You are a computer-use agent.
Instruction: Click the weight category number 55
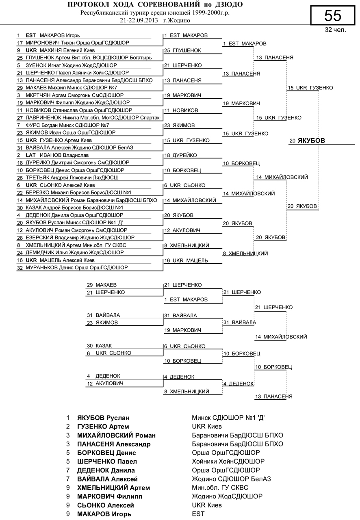click(x=333, y=15)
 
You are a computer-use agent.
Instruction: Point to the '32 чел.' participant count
click(x=335, y=30)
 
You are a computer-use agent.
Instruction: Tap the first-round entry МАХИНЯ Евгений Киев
click(x=60, y=50)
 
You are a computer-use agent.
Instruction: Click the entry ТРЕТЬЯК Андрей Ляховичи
click(x=72, y=178)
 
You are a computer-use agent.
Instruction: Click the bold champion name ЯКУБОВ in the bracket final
click(x=312, y=141)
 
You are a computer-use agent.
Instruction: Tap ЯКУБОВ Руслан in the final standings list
click(x=106, y=418)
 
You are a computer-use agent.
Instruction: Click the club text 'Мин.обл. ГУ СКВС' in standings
click(x=220, y=487)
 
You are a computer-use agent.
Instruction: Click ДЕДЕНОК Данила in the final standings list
click(x=106, y=470)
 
